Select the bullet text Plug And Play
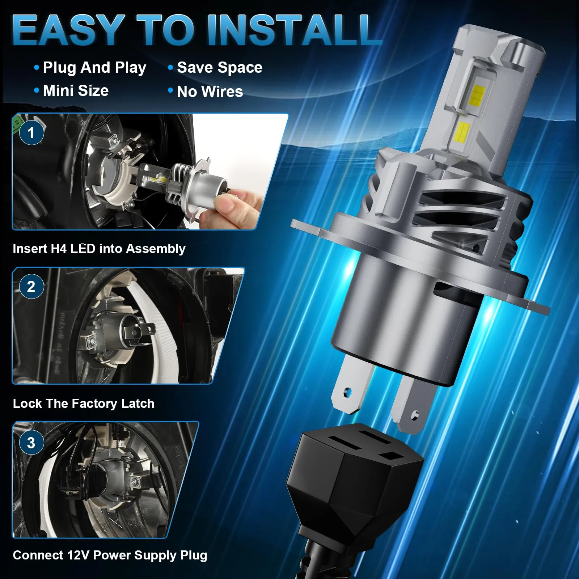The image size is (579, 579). pos(94,68)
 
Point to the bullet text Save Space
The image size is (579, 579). pos(220,68)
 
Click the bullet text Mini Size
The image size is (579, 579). pos(76,90)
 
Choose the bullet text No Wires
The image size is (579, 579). pos(210,92)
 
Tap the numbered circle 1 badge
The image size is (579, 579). pos(31,132)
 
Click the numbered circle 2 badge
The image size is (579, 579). pos(31,287)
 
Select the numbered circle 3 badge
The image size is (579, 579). pos(31,443)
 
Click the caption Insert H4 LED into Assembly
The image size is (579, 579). pos(99,249)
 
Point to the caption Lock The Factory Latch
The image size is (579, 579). pos(84,403)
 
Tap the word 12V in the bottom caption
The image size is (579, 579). pos(77,555)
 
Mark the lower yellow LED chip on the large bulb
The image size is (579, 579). pos(461,132)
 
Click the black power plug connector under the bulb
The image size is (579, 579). pos(355,481)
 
